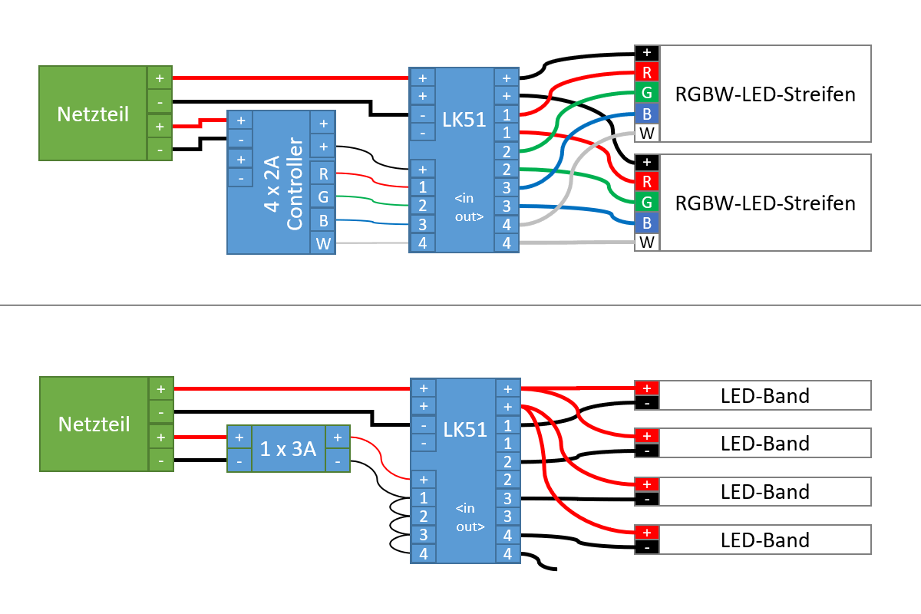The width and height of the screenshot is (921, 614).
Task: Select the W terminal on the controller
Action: [x=323, y=244]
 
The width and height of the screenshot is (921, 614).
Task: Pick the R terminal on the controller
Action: [x=323, y=173]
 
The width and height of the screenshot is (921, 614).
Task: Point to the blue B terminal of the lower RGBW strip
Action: [x=647, y=223]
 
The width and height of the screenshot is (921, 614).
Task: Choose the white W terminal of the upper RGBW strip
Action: [x=647, y=134]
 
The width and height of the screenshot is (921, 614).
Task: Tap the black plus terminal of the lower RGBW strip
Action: [x=647, y=162]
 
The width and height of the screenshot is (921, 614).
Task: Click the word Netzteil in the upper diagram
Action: [x=93, y=114]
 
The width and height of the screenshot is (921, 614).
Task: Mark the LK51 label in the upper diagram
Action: [x=465, y=119]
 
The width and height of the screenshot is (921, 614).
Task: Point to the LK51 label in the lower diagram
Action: [x=465, y=430]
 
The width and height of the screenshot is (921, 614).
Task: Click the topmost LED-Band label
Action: [x=765, y=396]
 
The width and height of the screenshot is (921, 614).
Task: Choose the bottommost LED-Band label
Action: [x=765, y=540]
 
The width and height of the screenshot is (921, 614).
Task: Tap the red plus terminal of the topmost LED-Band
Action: [x=647, y=388]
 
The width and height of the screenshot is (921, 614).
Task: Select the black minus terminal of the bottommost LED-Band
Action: [x=647, y=547]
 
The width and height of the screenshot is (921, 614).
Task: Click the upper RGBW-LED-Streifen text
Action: [x=765, y=94]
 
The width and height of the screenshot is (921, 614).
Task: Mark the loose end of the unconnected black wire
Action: [x=555, y=569]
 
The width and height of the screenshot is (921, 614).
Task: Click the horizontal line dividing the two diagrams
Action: [x=460, y=305]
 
